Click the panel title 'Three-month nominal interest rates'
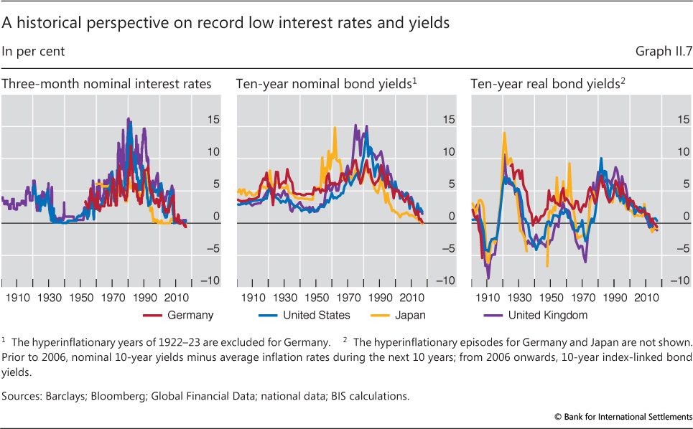point(107,84)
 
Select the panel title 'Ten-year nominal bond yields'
point(325,84)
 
